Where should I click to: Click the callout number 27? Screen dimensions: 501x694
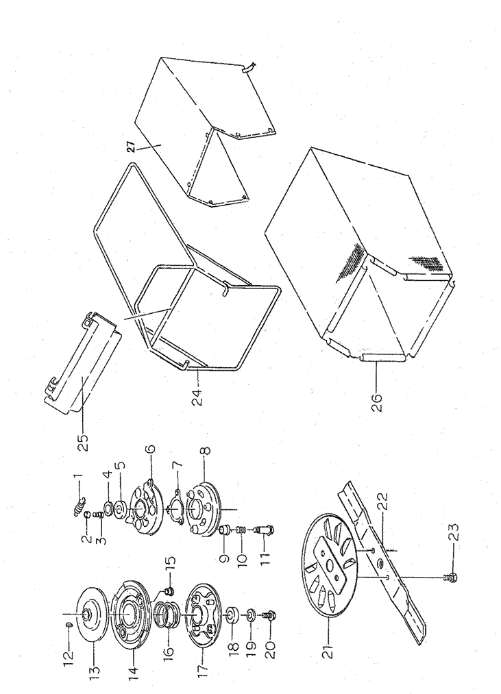(x=131, y=147)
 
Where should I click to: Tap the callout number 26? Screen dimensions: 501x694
(x=376, y=399)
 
